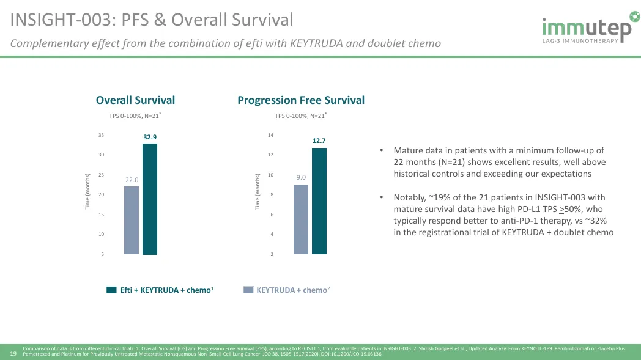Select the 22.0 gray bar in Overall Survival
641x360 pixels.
pyautogui.click(x=132, y=220)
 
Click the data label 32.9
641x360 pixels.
pyautogui.click(x=150, y=138)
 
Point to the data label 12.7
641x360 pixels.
pyautogui.click(x=319, y=141)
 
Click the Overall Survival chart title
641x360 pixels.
pyautogui.click(x=135, y=100)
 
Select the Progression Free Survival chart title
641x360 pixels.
pyautogui.click(x=301, y=100)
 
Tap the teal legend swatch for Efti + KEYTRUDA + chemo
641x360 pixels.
pyautogui.click(x=111, y=290)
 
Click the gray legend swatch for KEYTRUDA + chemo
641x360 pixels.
pyautogui.click(x=248, y=290)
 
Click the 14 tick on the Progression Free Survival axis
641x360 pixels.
pyautogui.click(x=271, y=135)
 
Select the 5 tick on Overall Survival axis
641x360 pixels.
pyautogui.click(x=102, y=254)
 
